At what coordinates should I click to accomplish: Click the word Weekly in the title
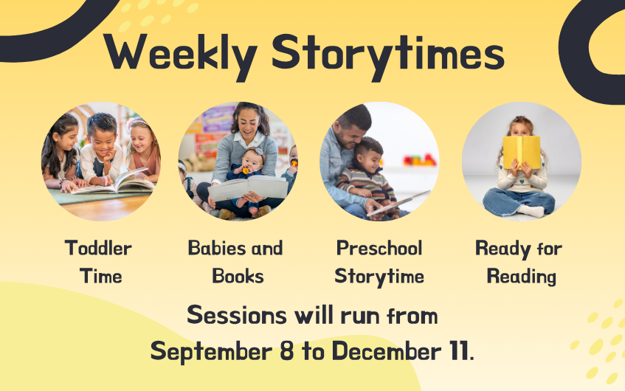click(x=180, y=56)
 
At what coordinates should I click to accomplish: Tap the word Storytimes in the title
click(x=388, y=56)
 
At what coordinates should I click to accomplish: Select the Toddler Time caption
click(x=99, y=262)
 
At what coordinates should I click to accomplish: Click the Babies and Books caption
click(x=235, y=262)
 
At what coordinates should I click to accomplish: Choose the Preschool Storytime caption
click(x=379, y=263)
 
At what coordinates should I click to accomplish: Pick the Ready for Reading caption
click(x=519, y=263)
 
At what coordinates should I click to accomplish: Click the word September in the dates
click(x=211, y=352)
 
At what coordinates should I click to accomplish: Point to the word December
click(x=387, y=351)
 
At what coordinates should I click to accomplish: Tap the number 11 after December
click(x=459, y=351)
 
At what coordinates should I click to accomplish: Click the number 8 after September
click(x=287, y=351)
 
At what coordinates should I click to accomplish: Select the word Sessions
click(x=237, y=315)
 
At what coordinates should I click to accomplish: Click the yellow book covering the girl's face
click(x=522, y=152)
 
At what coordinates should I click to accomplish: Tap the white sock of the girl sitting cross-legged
click(x=531, y=210)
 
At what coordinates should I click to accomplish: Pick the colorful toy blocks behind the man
click(x=420, y=160)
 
